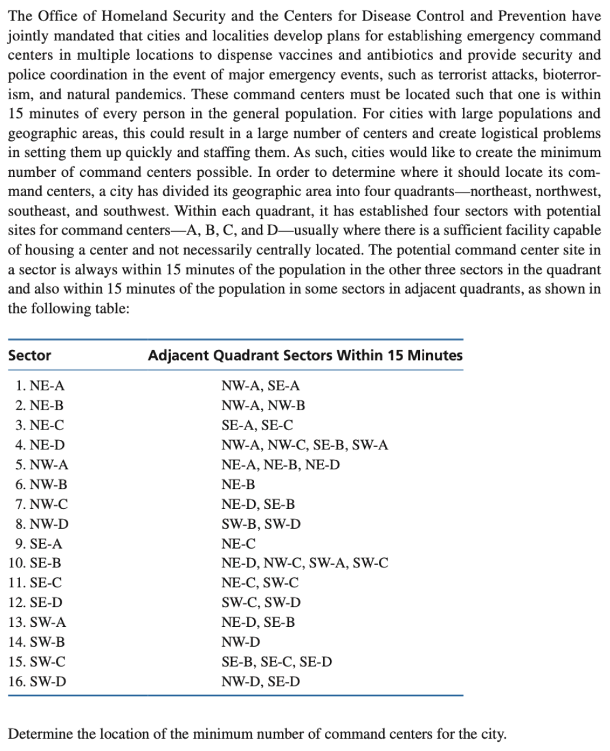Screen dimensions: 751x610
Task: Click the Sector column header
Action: pyautogui.click(x=30, y=356)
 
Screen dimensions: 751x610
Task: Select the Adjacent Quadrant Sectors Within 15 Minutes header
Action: pyautogui.click(x=305, y=356)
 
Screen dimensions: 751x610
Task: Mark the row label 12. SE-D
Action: pyautogui.click(x=36, y=602)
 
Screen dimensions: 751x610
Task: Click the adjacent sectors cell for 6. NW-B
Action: pyautogui.click(x=238, y=484)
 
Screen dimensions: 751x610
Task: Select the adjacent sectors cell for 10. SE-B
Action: pyautogui.click(x=305, y=563)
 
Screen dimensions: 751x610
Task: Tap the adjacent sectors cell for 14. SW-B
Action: pyautogui.click(x=241, y=642)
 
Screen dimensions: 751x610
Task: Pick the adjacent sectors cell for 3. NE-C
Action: pyautogui.click(x=258, y=425)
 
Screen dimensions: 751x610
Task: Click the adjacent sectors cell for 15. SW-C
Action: pyautogui.click(x=276, y=662)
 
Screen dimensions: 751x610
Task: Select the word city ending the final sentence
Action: pyautogui.click(x=493, y=735)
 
